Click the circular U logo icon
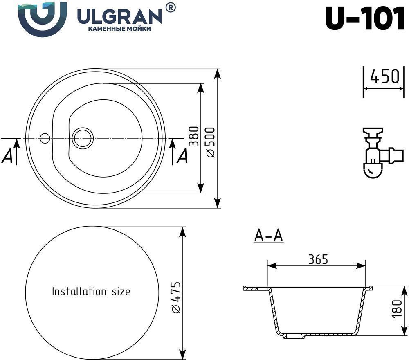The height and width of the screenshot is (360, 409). pyautogui.click(x=42, y=19)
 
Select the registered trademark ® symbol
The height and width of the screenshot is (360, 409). pyautogui.click(x=171, y=7)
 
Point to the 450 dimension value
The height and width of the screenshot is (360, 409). pyautogui.click(x=384, y=76)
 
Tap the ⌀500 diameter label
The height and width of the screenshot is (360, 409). pyautogui.click(x=210, y=142)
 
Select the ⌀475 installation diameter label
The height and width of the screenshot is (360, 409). pyautogui.click(x=176, y=297)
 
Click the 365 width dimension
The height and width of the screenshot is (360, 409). pyautogui.click(x=318, y=259)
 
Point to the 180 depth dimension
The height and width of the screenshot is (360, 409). pyautogui.click(x=397, y=308)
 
